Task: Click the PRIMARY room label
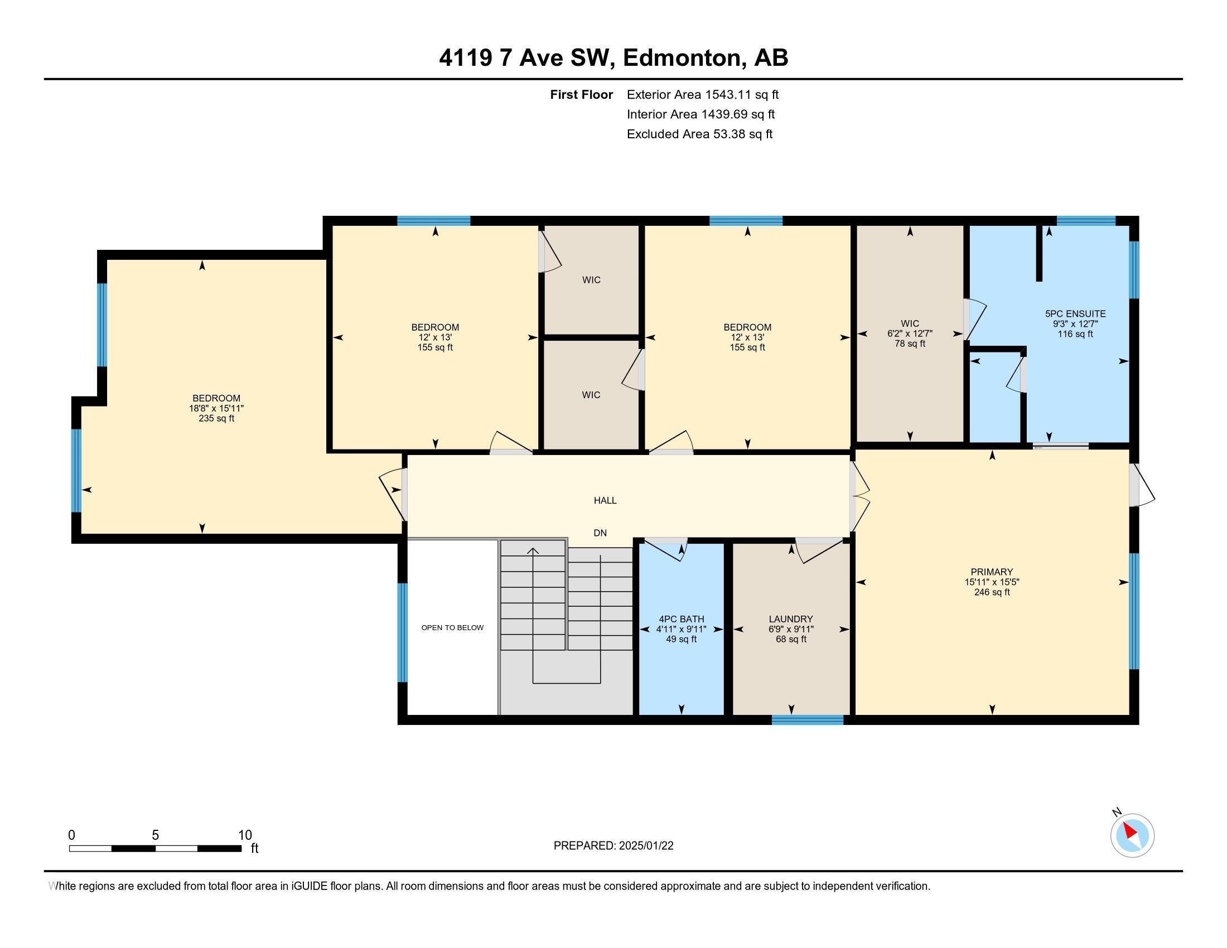[991, 572]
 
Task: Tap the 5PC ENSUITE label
[1075, 314]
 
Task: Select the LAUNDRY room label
[790, 619]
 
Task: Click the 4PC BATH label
[681, 619]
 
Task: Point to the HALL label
[605, 500]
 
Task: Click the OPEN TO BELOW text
[452, 627]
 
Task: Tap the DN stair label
[600, 533]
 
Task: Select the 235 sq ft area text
[216, 418]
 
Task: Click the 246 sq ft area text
[992, 592]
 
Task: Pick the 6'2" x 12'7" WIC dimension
[910, 333]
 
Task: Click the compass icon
[1132, 836]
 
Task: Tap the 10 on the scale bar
[245, 835]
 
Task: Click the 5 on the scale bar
[155, 835]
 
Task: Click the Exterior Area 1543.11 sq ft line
[702, 94]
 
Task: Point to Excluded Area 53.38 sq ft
[699, 134]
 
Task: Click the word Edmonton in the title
[681, 57]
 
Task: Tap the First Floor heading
[581, 94]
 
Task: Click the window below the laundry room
[808, 720]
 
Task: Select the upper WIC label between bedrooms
[591, 280]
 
